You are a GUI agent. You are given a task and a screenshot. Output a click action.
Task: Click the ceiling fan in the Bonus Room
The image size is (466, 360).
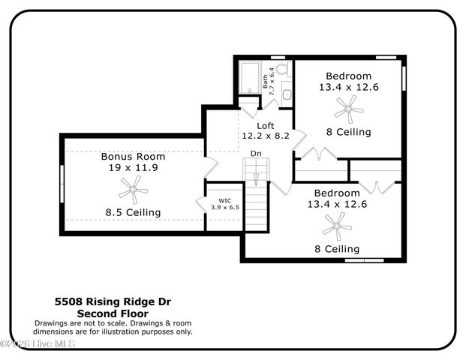pyautogui.click(x=134, y=191)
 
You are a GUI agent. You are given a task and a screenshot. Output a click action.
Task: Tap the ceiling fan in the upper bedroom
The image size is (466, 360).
pyautogui.click(x=347, y=112)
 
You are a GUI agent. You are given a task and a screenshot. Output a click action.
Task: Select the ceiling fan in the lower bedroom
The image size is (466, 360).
pyautogui.click(x=336, y=226)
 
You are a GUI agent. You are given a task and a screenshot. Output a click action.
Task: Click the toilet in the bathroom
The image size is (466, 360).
pyautogui.click(x=283, y=71)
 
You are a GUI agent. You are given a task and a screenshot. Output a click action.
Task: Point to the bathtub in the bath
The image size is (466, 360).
pyautogui.click(x=248, y=78)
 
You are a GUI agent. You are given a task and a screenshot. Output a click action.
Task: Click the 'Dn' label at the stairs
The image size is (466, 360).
pyautogui.click(x=256, y=154)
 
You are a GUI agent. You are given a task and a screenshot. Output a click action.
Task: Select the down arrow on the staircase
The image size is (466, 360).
pyautogui.click(x=257, y=178)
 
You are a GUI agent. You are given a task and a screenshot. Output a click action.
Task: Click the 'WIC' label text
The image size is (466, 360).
pyautogui.click(x=225, y=200)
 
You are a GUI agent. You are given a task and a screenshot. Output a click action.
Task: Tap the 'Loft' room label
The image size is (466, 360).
pyautogui.click(x=266, y=125)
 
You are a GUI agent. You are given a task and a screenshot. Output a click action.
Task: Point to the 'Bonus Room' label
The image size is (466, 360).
pyautogui.click(x=134, y=157)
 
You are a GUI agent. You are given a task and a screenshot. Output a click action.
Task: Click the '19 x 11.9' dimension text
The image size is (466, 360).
pyautogui.click(x=134, y=168)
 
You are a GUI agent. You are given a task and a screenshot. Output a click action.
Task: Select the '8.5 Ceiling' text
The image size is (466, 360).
pyautogui.click(x=133, y=212)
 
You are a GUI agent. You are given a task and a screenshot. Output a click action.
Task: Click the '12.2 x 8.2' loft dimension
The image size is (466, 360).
pyautogui.click(x=266, y=136)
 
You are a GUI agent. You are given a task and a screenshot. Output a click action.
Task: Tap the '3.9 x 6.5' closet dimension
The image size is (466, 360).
pyautogui.click(x=225, y=208)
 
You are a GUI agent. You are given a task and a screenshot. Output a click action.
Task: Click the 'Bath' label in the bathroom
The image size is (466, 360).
pyautogui.click(x=265, y=81)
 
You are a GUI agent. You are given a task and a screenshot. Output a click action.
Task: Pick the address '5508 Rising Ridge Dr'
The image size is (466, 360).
pyautogui.click(x=113, y=302)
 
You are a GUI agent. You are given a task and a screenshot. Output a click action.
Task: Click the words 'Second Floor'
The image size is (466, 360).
pyautogui.click(x=113, y=313)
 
